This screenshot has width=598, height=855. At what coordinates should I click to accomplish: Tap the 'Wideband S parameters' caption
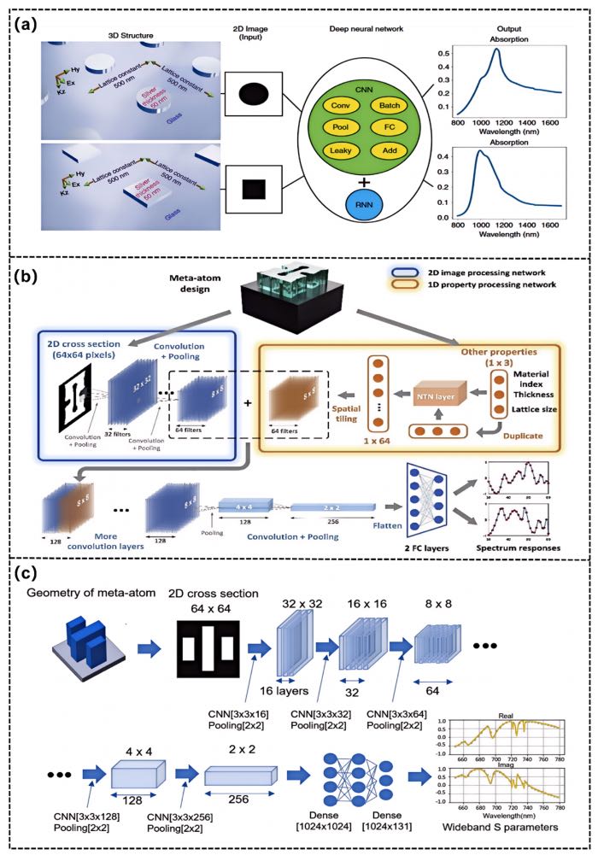pos(502,829)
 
